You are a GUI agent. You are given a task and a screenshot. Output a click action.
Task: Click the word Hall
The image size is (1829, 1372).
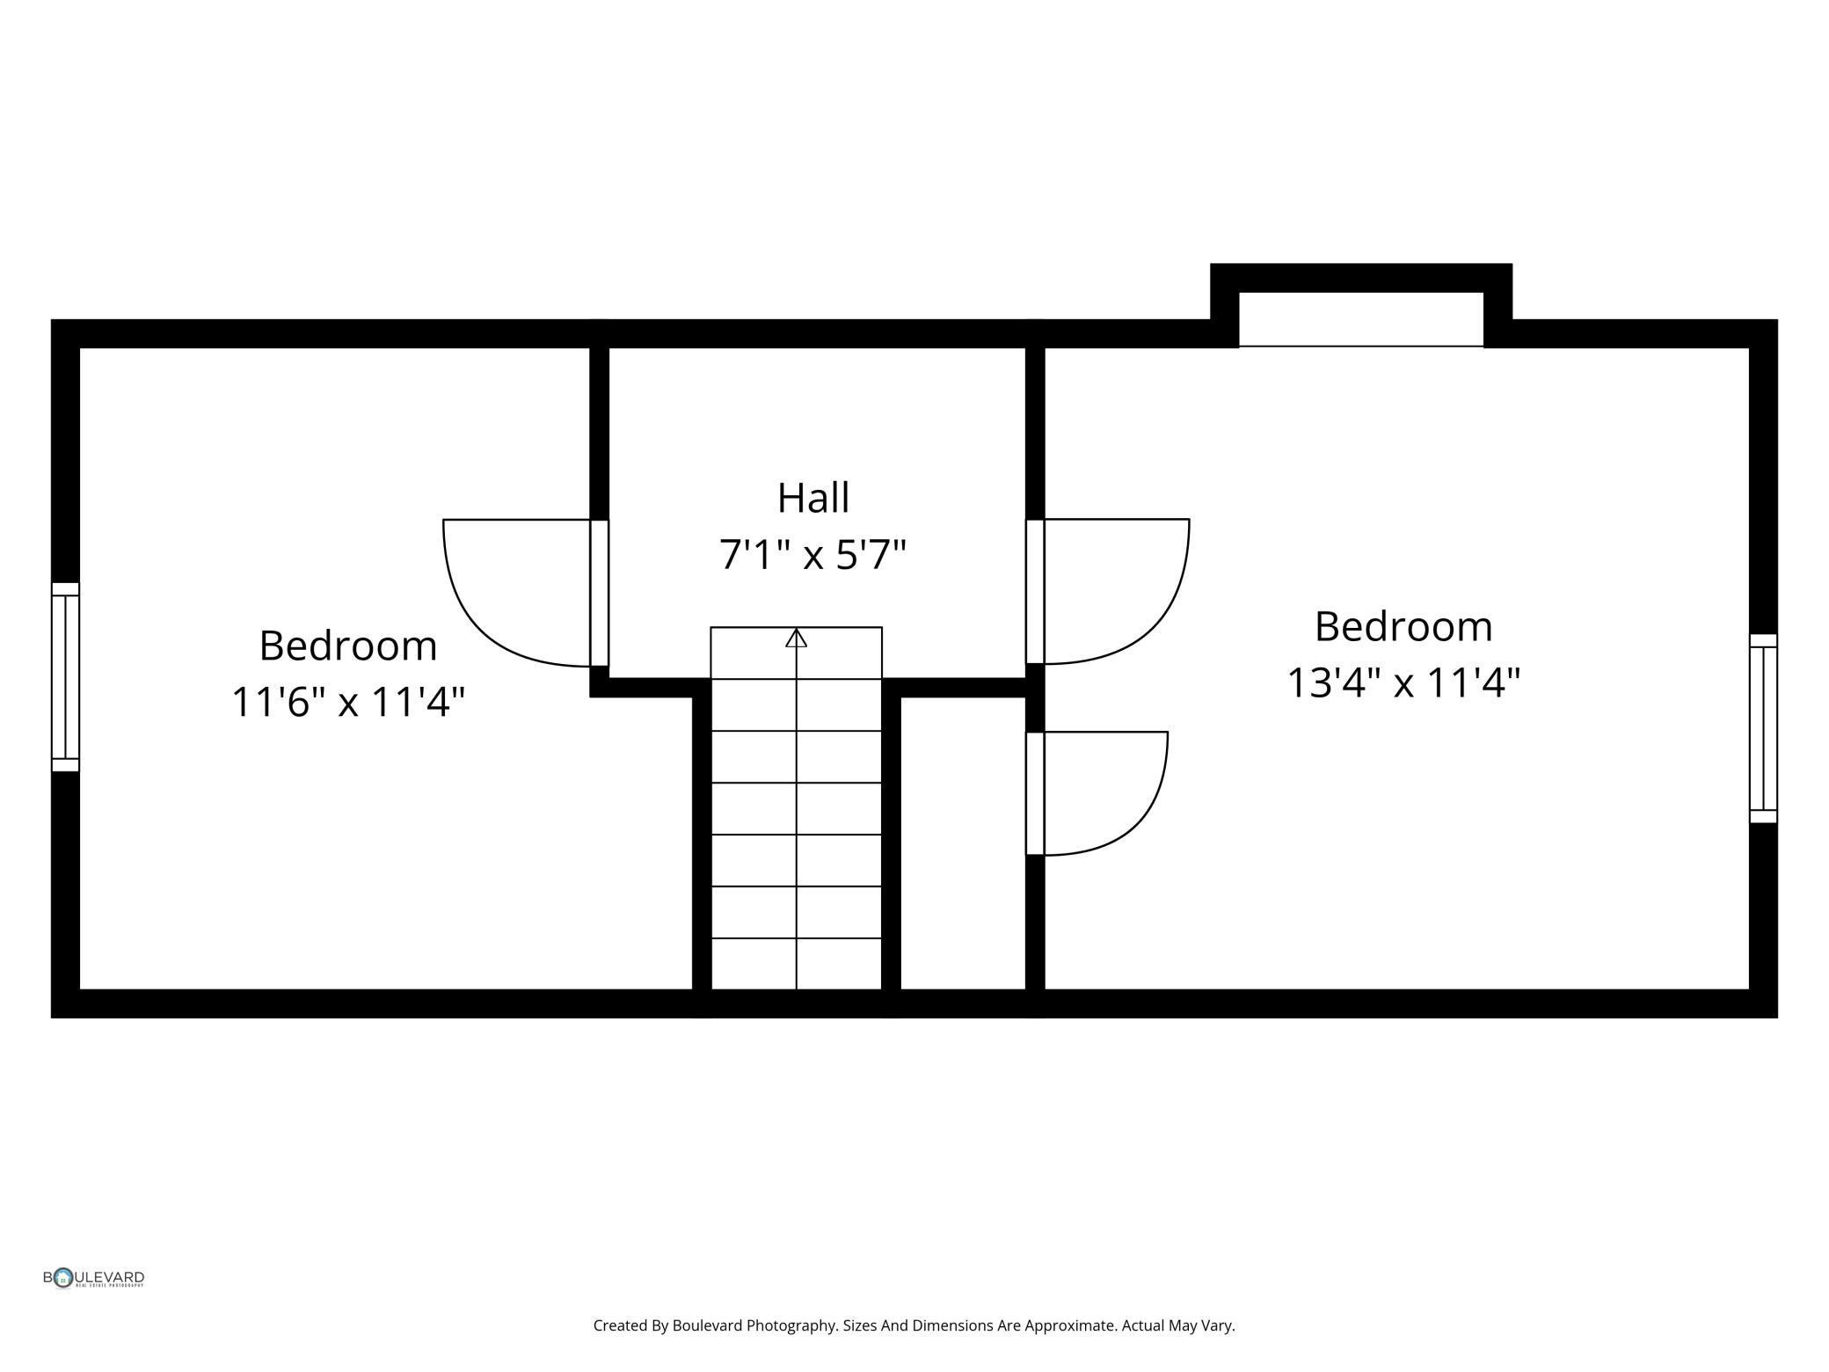coord(813,498)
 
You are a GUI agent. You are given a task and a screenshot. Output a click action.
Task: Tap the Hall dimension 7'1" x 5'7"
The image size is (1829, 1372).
coord(812,555)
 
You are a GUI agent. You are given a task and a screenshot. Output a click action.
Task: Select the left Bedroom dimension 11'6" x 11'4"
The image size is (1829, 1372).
coord(348,702)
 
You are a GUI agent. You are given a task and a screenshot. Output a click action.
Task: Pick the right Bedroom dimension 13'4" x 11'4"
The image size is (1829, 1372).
coord(1403,682)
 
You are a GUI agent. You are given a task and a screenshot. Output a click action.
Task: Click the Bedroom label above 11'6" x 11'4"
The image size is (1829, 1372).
coord(348,646)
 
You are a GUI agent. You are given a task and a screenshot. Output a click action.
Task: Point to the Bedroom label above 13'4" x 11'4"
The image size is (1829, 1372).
coord(1403,626)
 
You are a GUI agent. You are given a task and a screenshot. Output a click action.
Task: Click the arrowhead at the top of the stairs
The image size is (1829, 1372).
coord(796,639)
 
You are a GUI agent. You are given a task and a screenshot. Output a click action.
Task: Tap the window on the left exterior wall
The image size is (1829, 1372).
coord(65,676)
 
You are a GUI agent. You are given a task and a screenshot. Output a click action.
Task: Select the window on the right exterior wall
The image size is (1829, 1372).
coord(1762,728)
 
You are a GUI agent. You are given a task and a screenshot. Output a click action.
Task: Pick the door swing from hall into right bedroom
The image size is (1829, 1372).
coord(1112,590)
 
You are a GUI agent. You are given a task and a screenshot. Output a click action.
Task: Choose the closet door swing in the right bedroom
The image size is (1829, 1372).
coord(1099,792)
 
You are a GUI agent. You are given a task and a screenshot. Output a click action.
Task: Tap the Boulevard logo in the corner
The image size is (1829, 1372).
coord(93,1278)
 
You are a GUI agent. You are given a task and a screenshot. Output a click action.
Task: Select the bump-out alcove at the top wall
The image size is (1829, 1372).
coord(1360,319)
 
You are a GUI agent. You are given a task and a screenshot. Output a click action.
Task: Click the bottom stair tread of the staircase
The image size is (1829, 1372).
coord(796,964)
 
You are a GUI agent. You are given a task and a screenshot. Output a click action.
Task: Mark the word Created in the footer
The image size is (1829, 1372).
coord(620,1325)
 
